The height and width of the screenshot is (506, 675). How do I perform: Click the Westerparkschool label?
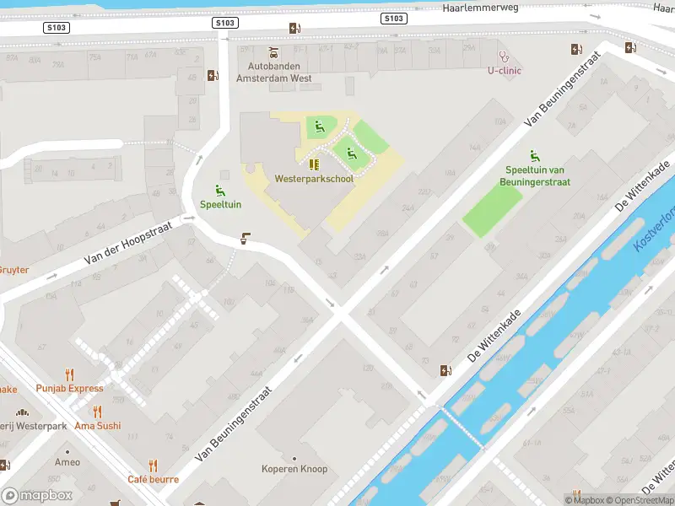pyautogui.click(x=313, y=179)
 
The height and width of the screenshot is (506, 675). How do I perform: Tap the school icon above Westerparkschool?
pyautogui.click(x=313, y=164)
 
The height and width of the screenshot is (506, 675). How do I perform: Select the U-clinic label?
pyautogui.click(x=505, y=71)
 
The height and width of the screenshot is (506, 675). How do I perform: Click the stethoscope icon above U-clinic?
pyautogui.click(x=505, y=57)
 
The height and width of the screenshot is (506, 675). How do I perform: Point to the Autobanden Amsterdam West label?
pyautogui.click(x=274, y=72)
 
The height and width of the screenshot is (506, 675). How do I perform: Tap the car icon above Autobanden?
pyautogui.click(x=273, y=51)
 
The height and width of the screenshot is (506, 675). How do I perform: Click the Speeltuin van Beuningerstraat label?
pyautogui.click(x=537, y=175)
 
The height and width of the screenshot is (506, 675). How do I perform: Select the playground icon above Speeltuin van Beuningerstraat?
pyautogui.click(x=534, y=155)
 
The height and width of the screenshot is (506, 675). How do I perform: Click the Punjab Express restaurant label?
pyautogui.click(x=69, y=389)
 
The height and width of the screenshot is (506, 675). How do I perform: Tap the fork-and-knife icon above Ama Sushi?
pyautogui.click(x=97, y=412)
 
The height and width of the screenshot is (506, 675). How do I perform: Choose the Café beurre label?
pyautogui.click(x=153, y=479)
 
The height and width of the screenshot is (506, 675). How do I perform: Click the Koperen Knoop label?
pyautogui.click(x=294, y=469)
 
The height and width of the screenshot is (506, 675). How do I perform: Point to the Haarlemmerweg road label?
pyautogui.click(x=479, y=8)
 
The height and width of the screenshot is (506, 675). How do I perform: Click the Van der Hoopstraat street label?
pyautogui.click(x=127, y=245)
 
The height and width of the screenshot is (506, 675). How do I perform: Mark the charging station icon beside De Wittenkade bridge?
pyautogui.click(x=445, y=370)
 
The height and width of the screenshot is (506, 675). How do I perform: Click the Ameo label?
pyautogui.click(x=67, y=462)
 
